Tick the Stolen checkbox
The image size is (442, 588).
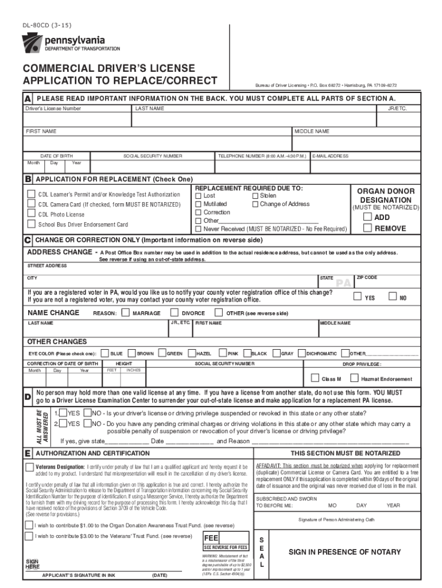coord(255,196)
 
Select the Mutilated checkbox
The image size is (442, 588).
coord(199,204)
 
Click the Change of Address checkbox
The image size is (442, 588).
coord(255,204)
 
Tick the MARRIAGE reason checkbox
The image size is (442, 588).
coord(126,313)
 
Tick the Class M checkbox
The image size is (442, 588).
coord(315,378)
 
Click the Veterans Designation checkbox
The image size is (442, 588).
coord(29,467)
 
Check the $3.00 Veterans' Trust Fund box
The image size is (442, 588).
coord(29,536)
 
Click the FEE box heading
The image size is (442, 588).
coord(212,539)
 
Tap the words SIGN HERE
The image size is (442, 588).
coord(32,564)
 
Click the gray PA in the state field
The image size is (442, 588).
coord(343,283)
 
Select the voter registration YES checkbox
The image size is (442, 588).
coord(357,297)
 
